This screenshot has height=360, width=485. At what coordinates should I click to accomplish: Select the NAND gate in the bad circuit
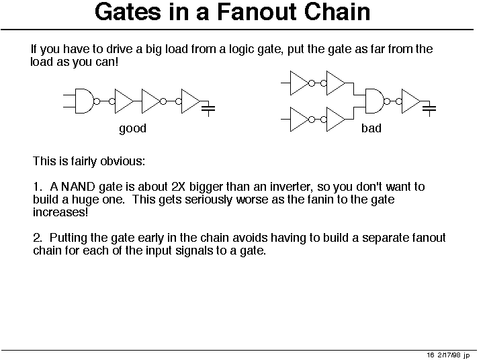point(374,101)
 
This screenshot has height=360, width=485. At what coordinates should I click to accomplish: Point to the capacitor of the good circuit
point(208,109)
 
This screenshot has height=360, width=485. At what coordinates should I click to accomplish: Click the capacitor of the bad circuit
point(429,109)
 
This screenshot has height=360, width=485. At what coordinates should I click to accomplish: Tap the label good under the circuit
point(133,128)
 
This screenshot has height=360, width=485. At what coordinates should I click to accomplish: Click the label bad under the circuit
point(371,128)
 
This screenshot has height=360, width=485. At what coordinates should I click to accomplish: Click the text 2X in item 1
point(179,187)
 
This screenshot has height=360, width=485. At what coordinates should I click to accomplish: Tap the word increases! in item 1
point(60,212)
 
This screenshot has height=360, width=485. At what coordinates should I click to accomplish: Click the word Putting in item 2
point(69,238)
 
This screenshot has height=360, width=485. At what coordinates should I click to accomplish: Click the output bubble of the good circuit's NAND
point(97,101)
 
